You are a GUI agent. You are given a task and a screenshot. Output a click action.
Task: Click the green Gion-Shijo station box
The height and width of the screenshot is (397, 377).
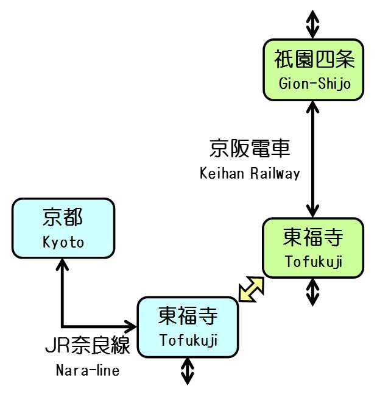[313, 70]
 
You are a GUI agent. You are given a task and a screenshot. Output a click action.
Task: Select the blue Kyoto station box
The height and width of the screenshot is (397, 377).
[63, 228]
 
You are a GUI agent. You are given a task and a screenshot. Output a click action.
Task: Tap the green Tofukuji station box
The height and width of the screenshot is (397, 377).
[313, 248]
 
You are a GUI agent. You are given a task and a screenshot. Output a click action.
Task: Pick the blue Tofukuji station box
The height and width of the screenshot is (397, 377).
[188, 327]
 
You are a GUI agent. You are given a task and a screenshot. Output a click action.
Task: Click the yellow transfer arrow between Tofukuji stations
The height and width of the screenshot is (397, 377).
[251, 289]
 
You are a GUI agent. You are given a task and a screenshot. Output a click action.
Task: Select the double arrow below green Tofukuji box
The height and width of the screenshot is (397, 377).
[312, 291]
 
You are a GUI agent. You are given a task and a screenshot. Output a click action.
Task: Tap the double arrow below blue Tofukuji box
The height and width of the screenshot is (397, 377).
[188, 371]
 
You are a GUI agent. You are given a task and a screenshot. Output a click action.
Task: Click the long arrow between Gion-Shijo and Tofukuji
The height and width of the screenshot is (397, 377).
[312, 159]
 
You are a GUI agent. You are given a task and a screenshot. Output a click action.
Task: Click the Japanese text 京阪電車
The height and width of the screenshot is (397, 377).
[250, 148]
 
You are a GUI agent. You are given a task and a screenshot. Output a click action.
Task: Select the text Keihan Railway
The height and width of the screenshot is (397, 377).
[250, 174]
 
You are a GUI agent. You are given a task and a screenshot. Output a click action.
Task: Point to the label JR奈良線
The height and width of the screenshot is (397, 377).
[88, 346]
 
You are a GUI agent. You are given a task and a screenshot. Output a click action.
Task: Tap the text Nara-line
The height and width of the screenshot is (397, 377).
[88, 370]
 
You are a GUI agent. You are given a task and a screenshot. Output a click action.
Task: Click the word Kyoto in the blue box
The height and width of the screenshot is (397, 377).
[63, 242]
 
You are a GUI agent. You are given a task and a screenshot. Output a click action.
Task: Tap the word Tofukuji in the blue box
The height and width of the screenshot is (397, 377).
[188, 340]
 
